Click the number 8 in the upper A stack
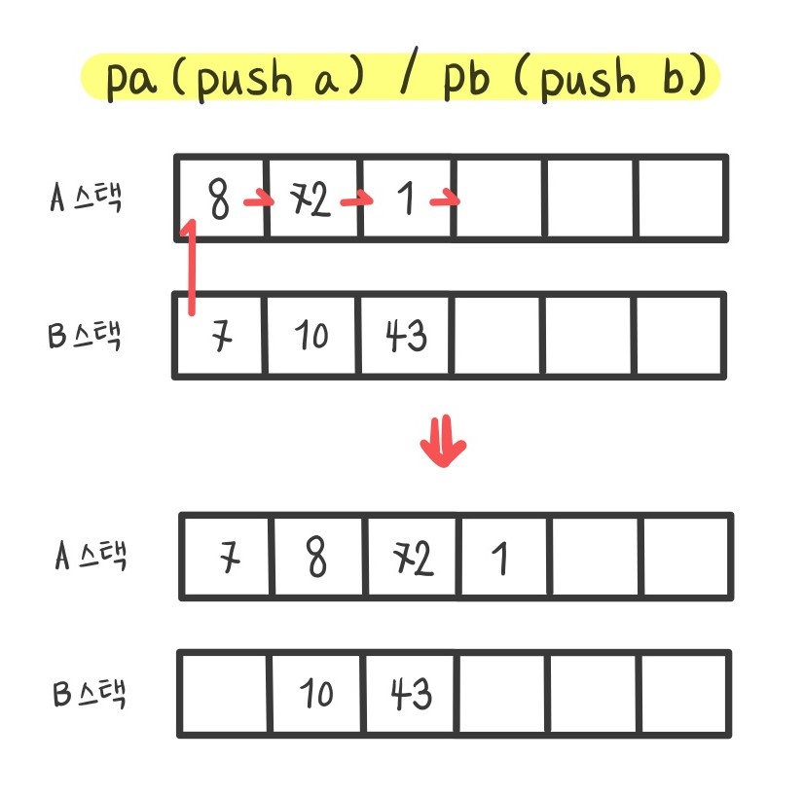click(220, 201)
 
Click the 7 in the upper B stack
click(222, 337)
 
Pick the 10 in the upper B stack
click(311, 337)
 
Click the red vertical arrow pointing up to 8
click(190, 268)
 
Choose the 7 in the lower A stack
click(229, 561)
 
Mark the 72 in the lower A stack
click(410, 561)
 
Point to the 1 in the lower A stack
click(500, 560)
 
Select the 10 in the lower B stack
click(316, 695)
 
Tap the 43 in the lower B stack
click(411, 694)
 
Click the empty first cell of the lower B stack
click(225, 694)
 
